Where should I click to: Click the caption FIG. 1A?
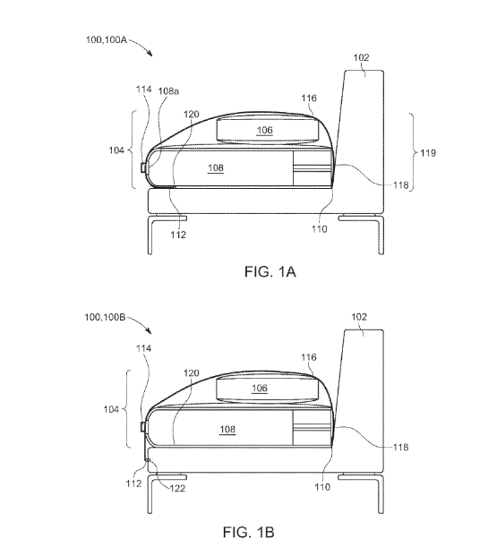pos(270,271)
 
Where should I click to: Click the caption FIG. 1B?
pos(248,532)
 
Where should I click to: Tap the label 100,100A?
pos(107,40)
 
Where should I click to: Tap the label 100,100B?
pos(105,317)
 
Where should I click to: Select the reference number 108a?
pos(168,91)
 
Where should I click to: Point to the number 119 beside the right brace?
pos(428,153)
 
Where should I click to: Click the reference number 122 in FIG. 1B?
pos(177,488)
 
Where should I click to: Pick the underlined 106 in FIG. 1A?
pos(265,130)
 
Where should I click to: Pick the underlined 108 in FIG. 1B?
pos(227,429)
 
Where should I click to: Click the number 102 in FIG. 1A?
pos(361,57)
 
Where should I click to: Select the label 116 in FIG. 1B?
pos(309,357)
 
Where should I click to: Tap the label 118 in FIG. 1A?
pos(401,185)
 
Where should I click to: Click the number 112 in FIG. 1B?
pos(133,483)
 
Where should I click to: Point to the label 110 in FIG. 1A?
pos(320,229)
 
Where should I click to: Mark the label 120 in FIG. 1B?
pos(191,373)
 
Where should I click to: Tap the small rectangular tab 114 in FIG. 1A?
pos(143,167)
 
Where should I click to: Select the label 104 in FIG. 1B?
pos(111,409)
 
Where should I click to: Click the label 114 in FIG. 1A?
pos(143,90)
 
